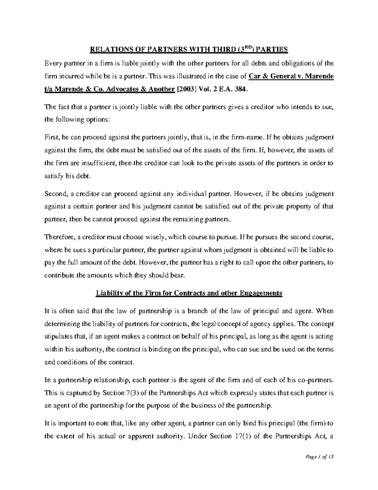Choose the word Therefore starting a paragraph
[x=58, y=237]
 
